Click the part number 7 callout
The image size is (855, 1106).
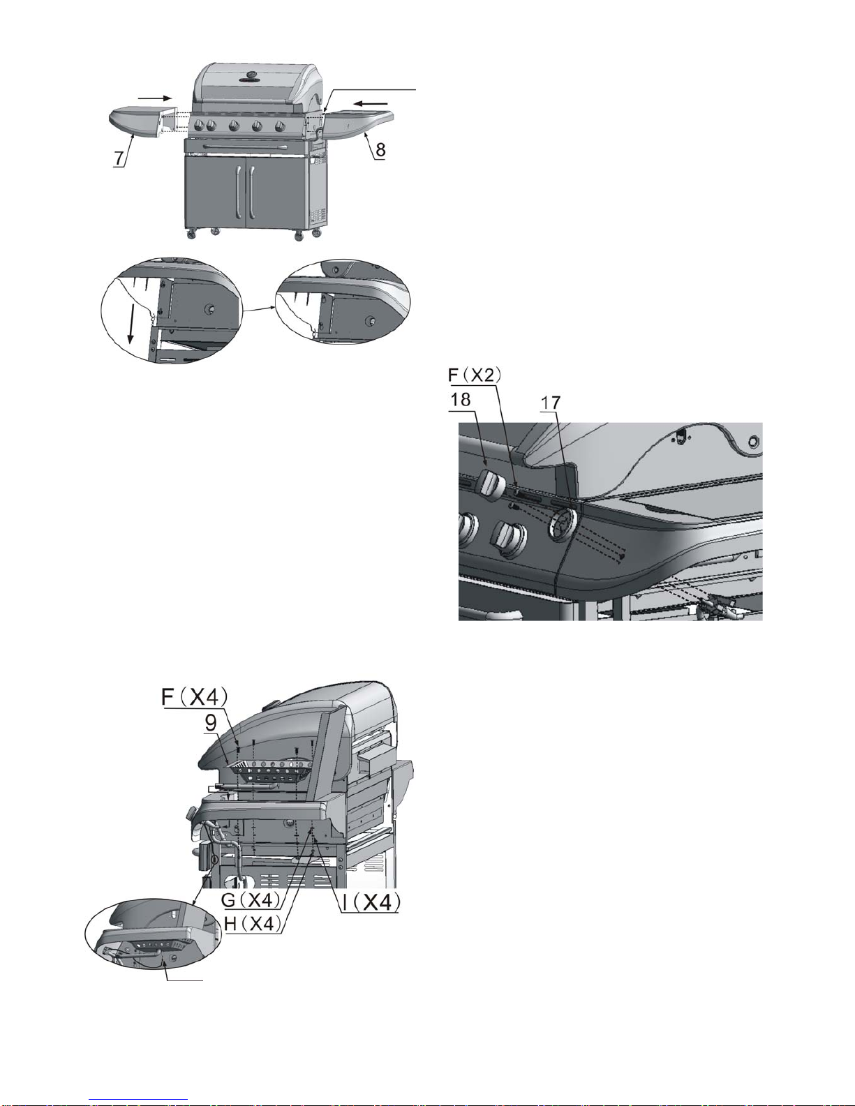pos(119,157)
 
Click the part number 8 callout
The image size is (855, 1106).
pos(380,149)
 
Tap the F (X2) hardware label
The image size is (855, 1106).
pos(475,375)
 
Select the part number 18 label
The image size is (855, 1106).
pos(460,399)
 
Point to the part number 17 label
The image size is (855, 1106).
pos(550,403)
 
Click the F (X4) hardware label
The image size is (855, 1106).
pos(195,697)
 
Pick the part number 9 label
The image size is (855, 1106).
pos(211,723)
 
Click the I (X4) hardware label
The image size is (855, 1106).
pos(371,902)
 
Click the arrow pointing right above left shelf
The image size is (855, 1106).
pos(155,97)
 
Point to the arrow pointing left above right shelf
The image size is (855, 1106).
pos(371,103)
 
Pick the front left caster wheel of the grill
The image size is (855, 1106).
pos(192,234)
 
